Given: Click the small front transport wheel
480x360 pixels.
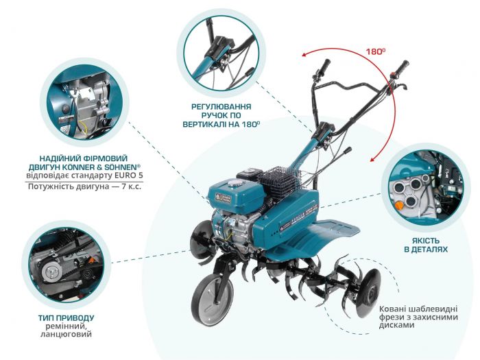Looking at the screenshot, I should click(x=211, y=300).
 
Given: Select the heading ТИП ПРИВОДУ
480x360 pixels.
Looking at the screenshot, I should click(x=67, y=318).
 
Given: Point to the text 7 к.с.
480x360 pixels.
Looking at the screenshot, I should click(x=125, y=187).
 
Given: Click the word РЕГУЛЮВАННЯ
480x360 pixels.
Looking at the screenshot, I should click(x=221, y=107).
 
